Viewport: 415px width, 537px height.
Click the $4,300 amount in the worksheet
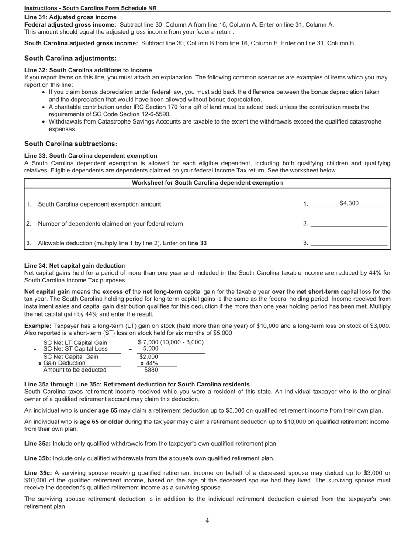point(349,203)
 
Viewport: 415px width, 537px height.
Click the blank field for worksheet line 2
point(349,224)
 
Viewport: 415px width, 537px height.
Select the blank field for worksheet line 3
point(349,243)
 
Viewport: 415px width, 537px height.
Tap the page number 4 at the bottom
point(207,520)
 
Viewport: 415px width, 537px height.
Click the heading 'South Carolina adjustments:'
point(70,59)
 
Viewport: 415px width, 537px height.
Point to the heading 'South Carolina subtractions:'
point(71,144)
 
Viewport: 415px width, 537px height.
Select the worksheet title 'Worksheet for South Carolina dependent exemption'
point(207,183)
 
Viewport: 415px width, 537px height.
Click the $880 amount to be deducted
point(151,370)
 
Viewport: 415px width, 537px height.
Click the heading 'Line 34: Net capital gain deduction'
point(75,265)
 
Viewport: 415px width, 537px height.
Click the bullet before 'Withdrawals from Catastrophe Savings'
point(44,122)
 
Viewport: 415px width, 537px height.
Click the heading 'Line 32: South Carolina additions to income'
point(88,70)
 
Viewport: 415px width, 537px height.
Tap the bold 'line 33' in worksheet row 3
point(197,243)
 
